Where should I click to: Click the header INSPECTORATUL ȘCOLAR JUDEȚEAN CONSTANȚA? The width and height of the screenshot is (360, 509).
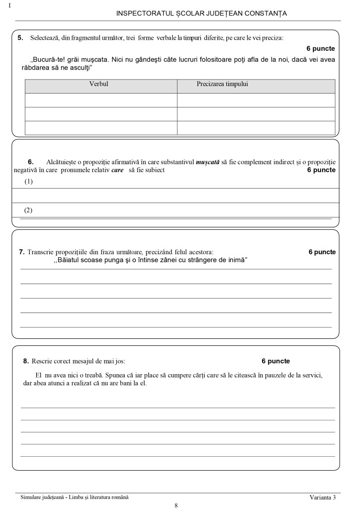tap(201, 13)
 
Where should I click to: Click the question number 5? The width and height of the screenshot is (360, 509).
tap(20, 38)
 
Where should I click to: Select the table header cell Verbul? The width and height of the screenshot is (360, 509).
tap(98, 84)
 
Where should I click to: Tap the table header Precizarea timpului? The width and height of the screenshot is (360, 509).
tap(222, 84)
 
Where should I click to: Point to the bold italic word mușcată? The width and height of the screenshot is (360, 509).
tap(208, 162)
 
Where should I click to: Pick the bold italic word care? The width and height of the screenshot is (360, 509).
tap(117, 170)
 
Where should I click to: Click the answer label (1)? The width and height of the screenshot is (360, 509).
tap(29, 182)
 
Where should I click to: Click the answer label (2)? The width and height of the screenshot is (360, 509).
tap(29, 210)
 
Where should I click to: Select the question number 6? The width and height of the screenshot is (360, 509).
tap(30, 162)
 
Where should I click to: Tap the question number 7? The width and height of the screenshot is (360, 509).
tap(22, 252)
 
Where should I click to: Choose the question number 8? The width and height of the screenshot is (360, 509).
tap(26, 361)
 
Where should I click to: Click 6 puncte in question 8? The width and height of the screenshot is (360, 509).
tap(275, 361)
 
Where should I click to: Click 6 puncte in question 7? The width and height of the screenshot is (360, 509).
tap(322, 252)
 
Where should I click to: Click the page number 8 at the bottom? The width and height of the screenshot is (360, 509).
tap(177, 505)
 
